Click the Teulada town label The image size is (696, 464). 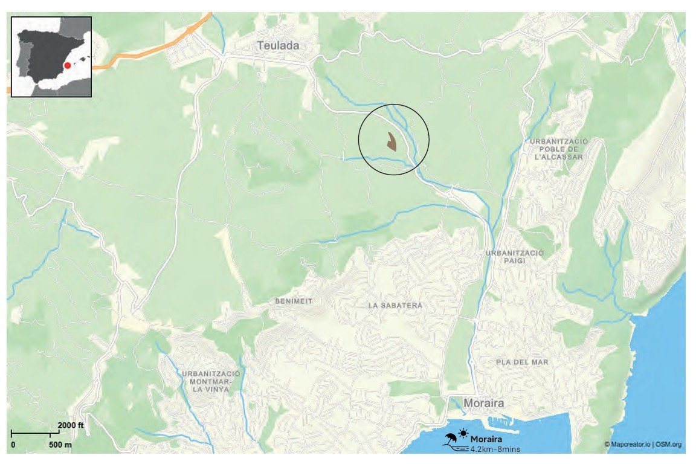pyautogui.click(x=278, y=45)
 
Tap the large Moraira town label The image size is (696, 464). pyautogui.click(x=484, y=403)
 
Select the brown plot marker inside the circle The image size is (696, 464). pyautogui.click(x=391, y=142)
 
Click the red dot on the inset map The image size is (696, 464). pyautogui.click(x=68, y=65)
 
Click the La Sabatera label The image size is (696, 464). pyautogui.click(x=395, y=306)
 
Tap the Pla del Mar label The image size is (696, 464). pyautogui.click(x=521, y=362)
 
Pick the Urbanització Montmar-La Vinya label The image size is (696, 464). pyautogui.click(x=210, y=382)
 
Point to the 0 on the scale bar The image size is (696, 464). pyautogui.click(x=13, y=445)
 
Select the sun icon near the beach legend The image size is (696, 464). pyautogui.click(x=463, y=433)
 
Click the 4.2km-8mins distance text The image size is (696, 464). pyautogui.click(x=495, y=449)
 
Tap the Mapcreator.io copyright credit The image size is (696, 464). pyautogui.click(x=642, y=445)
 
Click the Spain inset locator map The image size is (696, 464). pyautogui.click(x=51, y=57)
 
